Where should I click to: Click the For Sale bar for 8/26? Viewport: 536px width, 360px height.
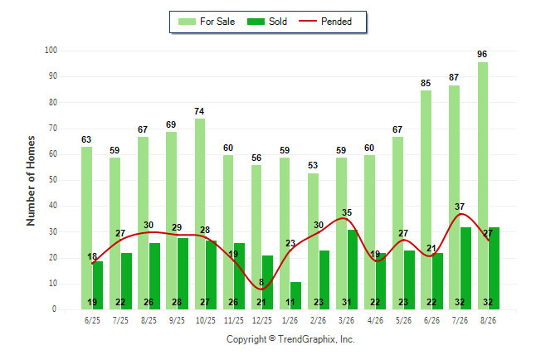click(x=483, y=186)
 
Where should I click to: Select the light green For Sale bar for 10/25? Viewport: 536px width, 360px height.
click(x=200, y=214)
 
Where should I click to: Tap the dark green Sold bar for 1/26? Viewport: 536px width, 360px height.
click(x=295, y=296)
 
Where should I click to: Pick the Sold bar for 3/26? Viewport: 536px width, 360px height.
click(x=353, y=270)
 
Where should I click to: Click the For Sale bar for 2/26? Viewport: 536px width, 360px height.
click(x=313, y=241)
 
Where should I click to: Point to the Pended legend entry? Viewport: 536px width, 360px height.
click(x=325, y=22)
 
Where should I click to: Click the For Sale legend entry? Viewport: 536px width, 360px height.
click(x=207, y=22)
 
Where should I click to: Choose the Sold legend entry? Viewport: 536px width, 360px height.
click(x=267, y=22)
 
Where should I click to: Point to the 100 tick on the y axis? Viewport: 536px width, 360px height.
click(x=51, y=51)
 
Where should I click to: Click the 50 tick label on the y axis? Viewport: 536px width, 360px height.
click(x=52, y=180)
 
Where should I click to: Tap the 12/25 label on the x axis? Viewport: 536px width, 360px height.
click(x=262, y=320)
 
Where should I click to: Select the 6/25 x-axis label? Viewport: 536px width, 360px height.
click(x=92, y=320)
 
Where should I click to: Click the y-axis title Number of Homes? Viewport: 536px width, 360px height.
click(x=31, y=181)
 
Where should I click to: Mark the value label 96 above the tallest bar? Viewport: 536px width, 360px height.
click(x=482, y=54)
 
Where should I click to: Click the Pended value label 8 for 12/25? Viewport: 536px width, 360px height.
click(x=261, y=282)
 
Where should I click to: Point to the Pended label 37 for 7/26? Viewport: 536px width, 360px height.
click(x=460, y=207)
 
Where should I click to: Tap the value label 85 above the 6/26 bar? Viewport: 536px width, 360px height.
click(x=426, y=83)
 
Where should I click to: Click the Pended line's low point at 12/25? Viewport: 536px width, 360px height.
click(x=262, y=289)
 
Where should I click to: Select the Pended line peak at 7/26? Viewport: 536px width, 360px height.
click(x=461, y=214)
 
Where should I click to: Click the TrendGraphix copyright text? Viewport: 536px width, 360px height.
click(x=290, y=339)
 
